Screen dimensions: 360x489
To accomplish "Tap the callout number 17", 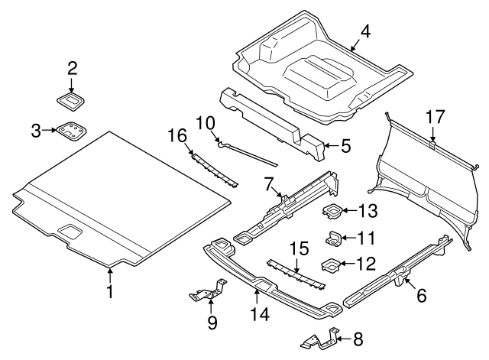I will [434, 118].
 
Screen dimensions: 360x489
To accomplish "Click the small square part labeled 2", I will [73, 99].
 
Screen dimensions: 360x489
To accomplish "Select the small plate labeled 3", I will [71, 131].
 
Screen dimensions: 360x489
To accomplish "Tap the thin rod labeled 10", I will [248, 152].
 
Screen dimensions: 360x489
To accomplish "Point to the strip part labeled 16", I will [214, 169].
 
